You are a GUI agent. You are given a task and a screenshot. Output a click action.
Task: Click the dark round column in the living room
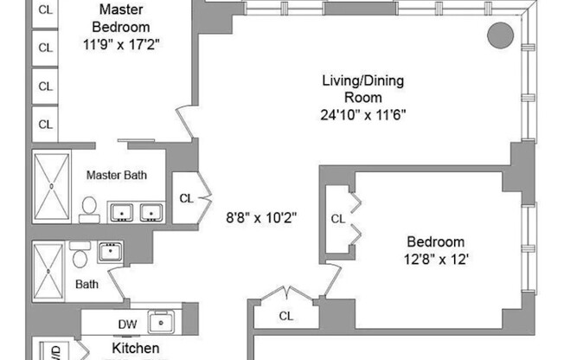coord(499,36)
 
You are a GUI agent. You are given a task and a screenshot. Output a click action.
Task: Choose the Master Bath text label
coord(116,175)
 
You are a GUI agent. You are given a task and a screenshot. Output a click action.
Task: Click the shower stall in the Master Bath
coord(53,185)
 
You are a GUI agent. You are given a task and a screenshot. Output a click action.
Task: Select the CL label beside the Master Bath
coord(186,198)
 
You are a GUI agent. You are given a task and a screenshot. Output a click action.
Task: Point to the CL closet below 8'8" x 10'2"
coord(285,316)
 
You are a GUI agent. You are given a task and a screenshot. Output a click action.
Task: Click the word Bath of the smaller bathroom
coord(87,283)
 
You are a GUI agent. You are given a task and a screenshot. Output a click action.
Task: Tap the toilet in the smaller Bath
coord(80,257)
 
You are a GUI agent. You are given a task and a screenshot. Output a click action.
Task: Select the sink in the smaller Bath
coord(109,252)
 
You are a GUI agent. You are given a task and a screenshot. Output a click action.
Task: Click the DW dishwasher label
coord(125,325)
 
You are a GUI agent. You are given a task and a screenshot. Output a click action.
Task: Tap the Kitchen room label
coord(136,348)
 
